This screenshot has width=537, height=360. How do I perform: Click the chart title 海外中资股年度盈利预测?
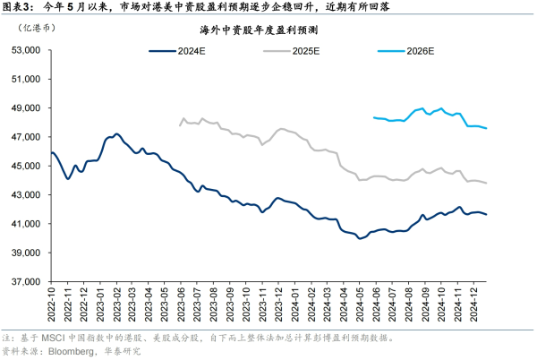[x=269, y=30]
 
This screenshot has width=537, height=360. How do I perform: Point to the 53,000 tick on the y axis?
[x=24, y=50]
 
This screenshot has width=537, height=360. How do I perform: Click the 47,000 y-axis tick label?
[x=24, y=137]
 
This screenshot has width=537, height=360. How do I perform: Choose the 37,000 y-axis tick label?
[x=24, y=281]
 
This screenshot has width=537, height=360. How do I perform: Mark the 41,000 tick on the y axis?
[x=24, y=224]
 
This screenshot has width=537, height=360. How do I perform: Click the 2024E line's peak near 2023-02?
[x=116, y=134]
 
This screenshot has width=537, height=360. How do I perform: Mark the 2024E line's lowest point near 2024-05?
[x=360, y=239]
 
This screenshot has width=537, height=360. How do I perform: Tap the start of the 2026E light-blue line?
[x=373, y=117]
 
